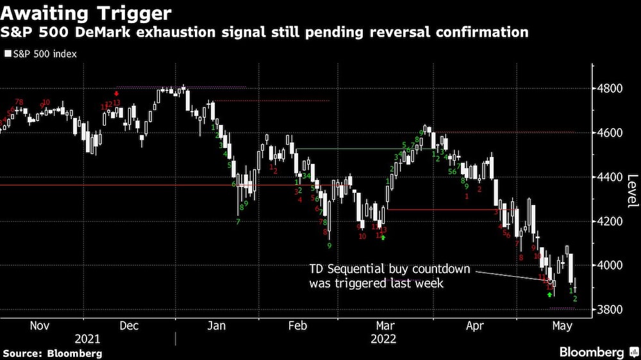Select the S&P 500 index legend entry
[x=40, y=54]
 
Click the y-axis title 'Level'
[x=632, y=191]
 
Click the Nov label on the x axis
[x=40, y=325]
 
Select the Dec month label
[x=129, y=325]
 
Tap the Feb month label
[x=297, y=325]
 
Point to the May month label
[x=562, y=325]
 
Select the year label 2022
[x=383, y=339]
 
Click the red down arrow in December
[x=116, y=94]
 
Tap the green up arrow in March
[x=383, y=238]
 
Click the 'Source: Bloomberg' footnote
[x=53, y=353]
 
